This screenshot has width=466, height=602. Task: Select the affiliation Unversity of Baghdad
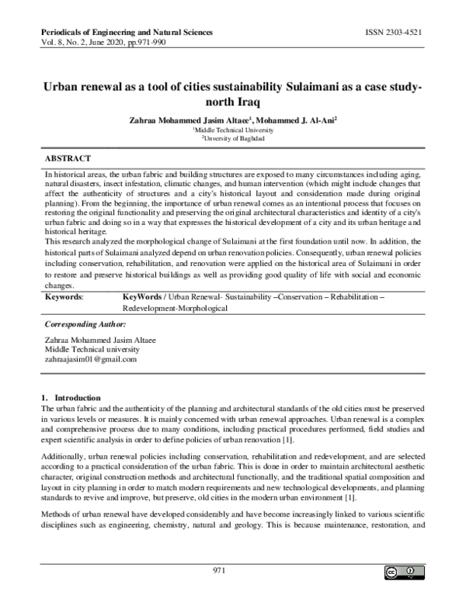[233, 139]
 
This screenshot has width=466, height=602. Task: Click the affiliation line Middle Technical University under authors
[233, 130]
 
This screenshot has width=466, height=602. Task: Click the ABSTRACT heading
[68, 157]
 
